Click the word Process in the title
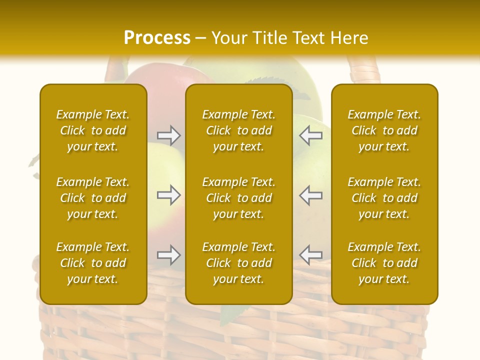(157, 38)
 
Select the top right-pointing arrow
(168, 135)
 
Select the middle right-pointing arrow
(168, 195)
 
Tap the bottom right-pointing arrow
(168, 255)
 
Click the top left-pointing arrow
(311, 135)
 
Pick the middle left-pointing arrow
(311, 195)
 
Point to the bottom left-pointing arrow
(311, 255)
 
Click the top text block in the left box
(93, 130)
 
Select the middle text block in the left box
(93, 198)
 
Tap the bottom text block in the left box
(93, 263)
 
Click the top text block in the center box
(239, 130)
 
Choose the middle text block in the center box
(239, 198)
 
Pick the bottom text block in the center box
(239, 263)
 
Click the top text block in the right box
(384, 130)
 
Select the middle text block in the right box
(384, 198)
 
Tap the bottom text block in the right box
(384, 263)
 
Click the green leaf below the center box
(231, 314)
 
